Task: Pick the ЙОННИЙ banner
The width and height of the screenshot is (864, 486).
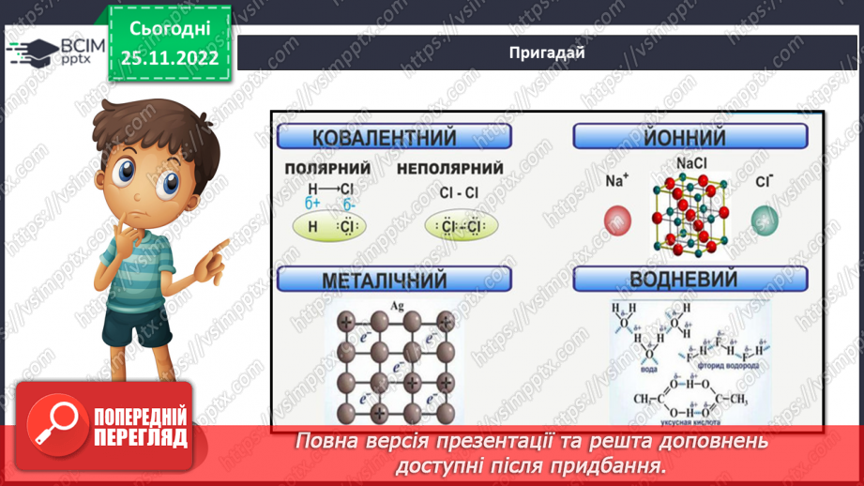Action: [690, 138]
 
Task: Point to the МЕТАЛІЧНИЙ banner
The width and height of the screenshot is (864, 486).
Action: [394, 279]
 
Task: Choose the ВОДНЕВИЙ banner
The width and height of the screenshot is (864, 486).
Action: [690, 279]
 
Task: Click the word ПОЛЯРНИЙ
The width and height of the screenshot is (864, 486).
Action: [326, 169]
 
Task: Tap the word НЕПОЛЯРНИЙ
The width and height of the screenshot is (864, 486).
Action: [450, 169]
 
